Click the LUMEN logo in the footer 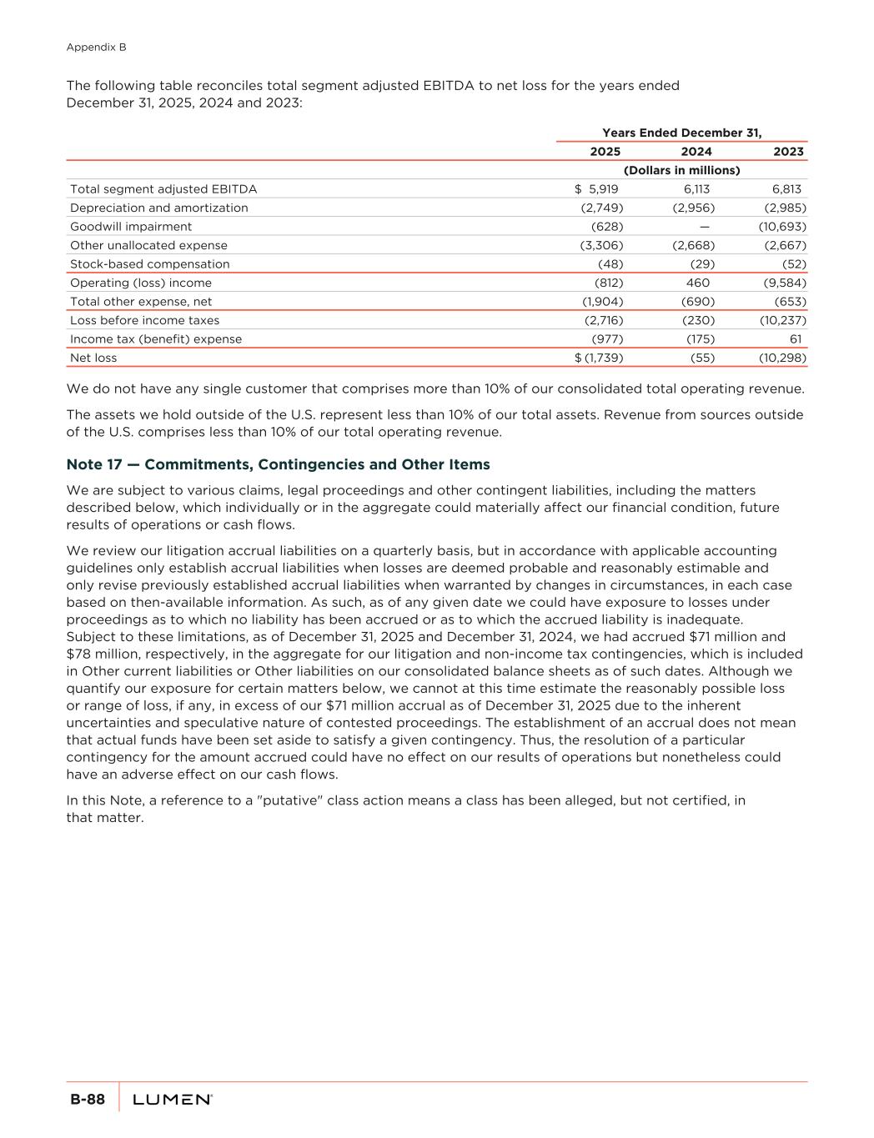pos(172,1100)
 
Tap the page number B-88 pos(87,1100)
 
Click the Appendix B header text pos(96,48)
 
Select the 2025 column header pos(605,152)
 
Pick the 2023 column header pos(788,152)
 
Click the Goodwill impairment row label pos(131,227)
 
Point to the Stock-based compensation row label pos(149,264)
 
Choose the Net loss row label pos(93,358)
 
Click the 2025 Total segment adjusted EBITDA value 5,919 pos(603,189)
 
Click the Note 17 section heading pos(278,464)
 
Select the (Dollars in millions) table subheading pos(681,170)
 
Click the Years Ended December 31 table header pos(681,133)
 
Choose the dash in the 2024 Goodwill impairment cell pos(705,227)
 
